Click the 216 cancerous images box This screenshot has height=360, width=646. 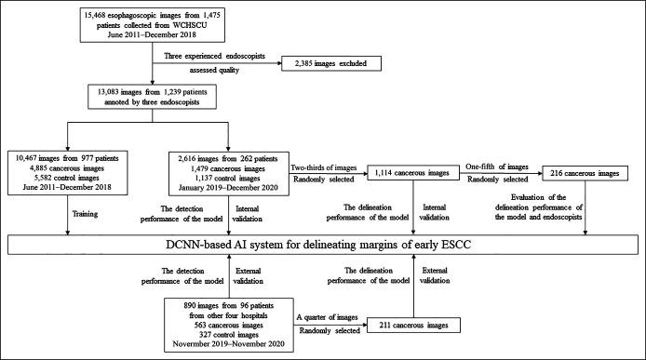click(584, 174)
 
